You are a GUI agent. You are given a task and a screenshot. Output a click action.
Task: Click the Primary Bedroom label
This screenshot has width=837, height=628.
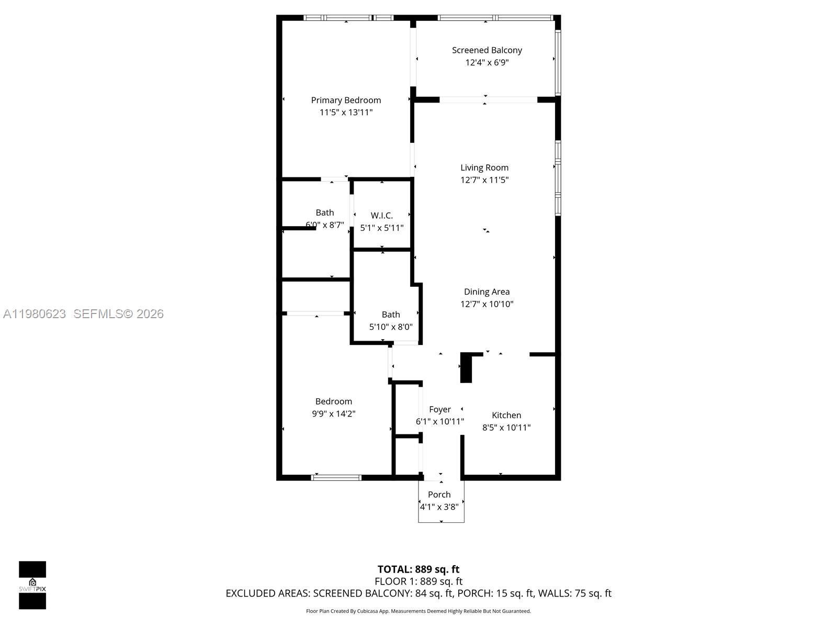point(346,100)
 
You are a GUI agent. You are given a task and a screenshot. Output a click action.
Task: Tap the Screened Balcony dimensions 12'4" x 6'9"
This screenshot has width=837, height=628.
point(487,62)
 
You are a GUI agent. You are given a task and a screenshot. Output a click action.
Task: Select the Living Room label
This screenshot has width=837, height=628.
point(484,167)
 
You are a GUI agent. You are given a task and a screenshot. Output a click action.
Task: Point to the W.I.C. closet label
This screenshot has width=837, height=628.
point(382,215)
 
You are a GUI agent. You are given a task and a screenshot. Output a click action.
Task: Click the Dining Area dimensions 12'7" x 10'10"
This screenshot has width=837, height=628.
point(487,304)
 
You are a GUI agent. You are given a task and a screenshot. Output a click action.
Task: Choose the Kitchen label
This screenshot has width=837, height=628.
point(506,415)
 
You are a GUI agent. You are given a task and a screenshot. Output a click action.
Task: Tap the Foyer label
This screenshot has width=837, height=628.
point(440,409)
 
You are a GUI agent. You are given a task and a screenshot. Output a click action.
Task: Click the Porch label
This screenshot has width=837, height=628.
point(439,495)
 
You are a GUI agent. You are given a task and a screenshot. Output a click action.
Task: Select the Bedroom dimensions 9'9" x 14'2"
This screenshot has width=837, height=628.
point(334,413)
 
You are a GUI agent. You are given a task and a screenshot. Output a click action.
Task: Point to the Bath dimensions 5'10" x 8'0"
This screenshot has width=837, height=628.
point(391,327)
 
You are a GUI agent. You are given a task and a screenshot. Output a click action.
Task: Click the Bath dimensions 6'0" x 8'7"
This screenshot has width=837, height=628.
point(325,225)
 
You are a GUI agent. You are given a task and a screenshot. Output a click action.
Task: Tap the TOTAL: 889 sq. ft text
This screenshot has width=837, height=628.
point(418,569)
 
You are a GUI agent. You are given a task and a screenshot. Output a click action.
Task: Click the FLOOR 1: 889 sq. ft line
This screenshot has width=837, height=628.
point(418,581)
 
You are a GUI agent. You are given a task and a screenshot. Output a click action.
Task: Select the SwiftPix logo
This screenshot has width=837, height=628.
point(32,585)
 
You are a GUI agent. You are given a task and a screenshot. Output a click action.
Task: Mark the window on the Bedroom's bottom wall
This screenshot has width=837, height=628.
point(336,477)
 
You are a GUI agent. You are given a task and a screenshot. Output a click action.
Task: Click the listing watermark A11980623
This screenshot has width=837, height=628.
point(35,313)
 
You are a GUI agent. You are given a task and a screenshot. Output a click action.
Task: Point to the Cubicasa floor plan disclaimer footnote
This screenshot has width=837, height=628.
point(418,611)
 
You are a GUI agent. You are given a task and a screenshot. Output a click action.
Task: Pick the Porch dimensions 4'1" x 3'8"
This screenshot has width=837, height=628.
point(439,507)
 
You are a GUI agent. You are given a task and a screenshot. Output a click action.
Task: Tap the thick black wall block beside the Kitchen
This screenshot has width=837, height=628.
point(466,368)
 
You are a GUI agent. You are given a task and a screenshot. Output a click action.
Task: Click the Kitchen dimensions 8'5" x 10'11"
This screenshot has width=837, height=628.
point(506,428)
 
